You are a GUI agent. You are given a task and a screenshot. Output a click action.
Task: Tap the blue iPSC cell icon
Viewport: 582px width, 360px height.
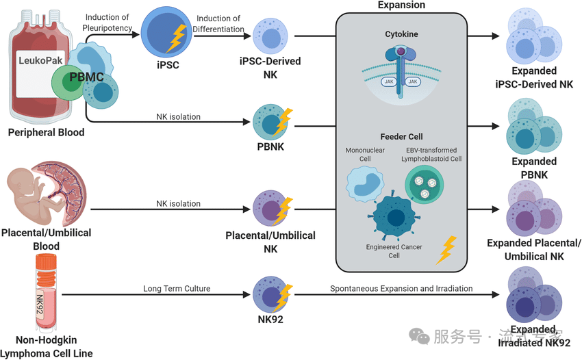pyautogui.click(x=163, y=33)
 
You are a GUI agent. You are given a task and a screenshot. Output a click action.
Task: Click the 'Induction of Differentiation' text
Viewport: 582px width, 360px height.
pyautogui.click(x=219, y=23)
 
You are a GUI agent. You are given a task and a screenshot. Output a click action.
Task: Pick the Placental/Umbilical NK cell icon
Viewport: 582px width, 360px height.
pyautogui.click(x=270, y=208)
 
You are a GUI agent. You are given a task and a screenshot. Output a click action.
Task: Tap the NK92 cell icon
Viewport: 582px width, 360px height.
pyautogui.click(x=270, y=294)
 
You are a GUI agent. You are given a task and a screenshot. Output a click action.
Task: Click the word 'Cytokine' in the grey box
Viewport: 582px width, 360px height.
pyautogui.click(x=401, y=34)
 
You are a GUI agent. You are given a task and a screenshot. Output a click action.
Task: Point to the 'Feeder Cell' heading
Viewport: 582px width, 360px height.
pyautogui.click(x=401, y=137)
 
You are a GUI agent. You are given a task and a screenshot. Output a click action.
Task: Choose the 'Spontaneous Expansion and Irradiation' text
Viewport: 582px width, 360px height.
pyautogui.click(x=401, y=289)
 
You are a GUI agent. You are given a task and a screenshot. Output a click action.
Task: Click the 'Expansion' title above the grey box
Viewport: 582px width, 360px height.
pyautogui.click(x=401, y=5)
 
